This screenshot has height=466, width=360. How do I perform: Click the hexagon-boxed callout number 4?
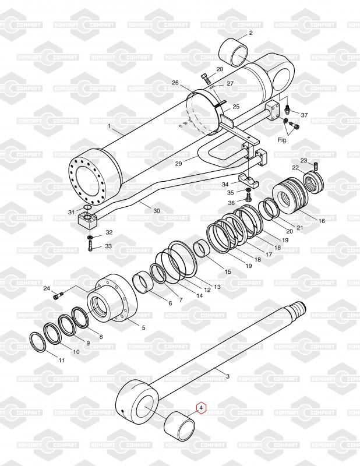201,409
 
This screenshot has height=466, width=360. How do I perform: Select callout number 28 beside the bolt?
220,69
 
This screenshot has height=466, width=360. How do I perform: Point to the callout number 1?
110,126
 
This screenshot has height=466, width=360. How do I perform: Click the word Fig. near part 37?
283,140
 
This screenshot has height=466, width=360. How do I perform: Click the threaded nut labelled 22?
313,182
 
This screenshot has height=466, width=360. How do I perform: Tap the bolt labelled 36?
249,197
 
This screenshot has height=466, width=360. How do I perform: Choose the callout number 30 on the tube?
157,211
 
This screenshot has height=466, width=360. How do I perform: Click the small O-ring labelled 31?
87,207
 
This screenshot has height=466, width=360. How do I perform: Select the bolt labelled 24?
58,296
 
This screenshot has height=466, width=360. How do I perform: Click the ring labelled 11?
38,343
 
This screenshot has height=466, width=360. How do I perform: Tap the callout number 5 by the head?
143,328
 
